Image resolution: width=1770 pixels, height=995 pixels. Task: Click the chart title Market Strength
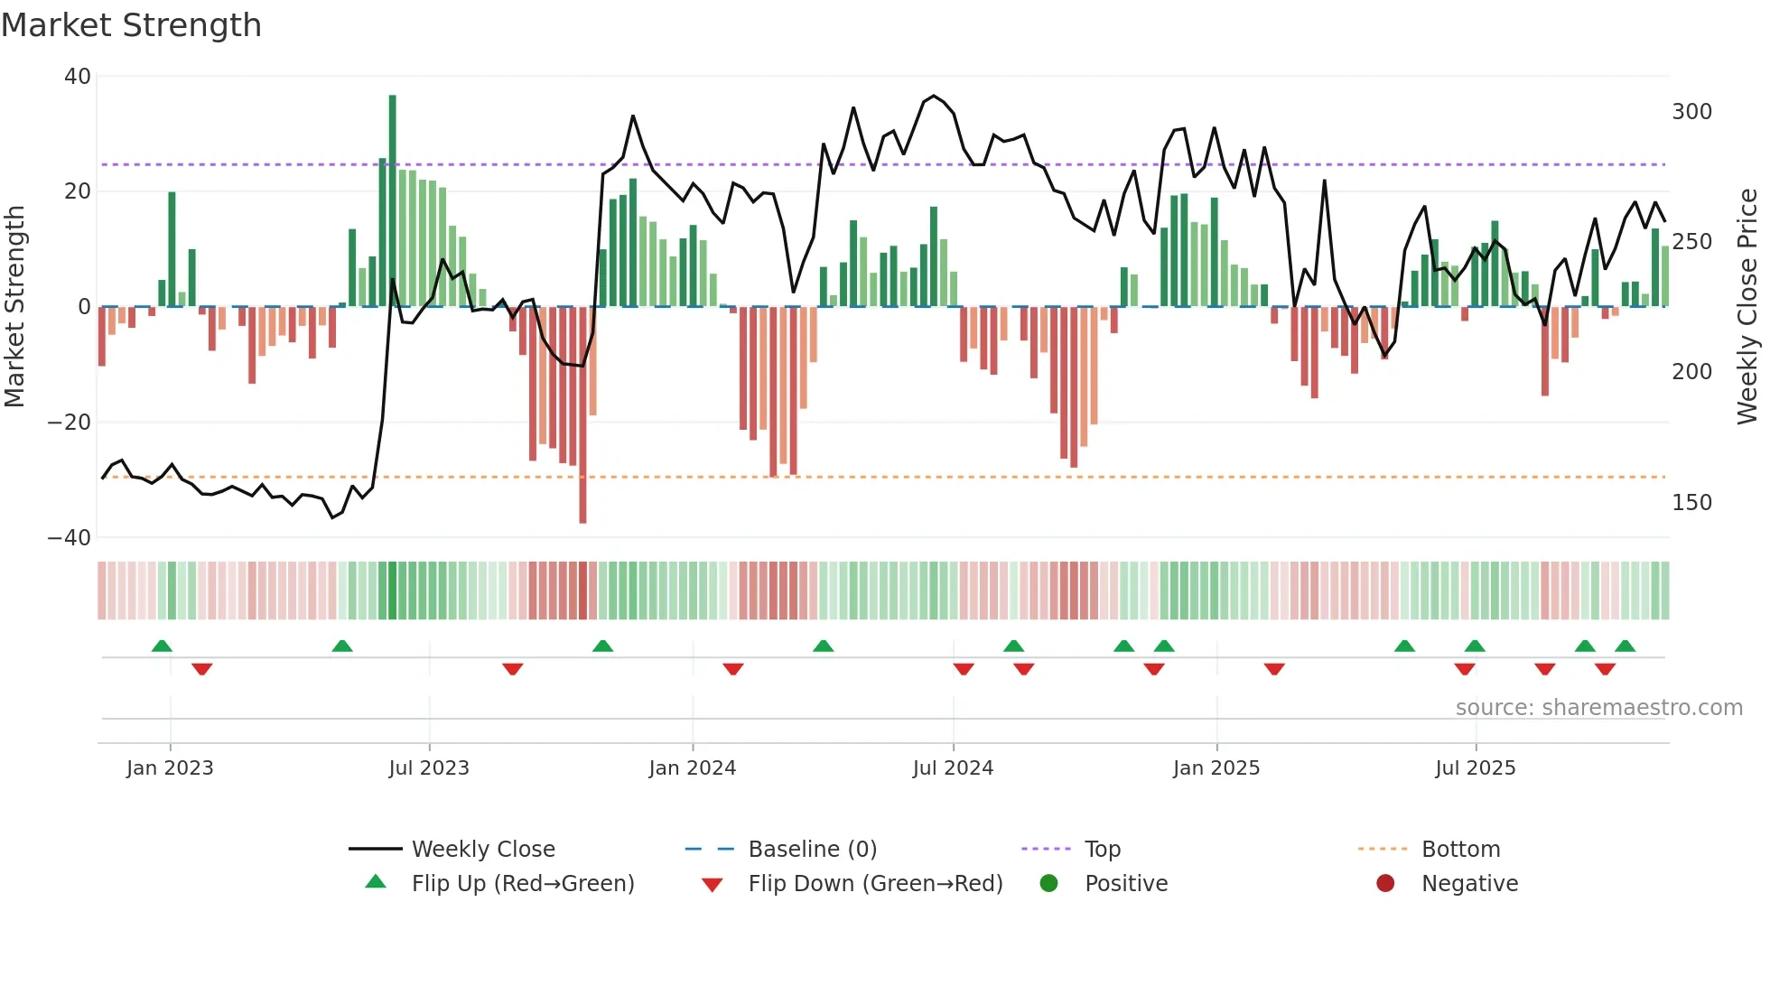point(131,25)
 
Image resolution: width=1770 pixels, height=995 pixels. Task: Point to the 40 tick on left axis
point(78,77)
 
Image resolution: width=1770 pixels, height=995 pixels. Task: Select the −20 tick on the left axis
point(70,423)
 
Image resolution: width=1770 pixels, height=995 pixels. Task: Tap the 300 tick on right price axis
point(1691,112)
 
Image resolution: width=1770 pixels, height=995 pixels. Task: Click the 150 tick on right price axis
point(1691,503)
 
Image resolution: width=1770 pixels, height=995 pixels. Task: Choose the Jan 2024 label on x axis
point(692,768)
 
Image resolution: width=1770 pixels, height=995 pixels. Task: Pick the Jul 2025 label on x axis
point(1475,768)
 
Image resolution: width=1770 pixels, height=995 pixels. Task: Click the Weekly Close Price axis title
point(1747,307)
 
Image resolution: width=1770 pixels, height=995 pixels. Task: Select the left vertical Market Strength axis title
point(14,307)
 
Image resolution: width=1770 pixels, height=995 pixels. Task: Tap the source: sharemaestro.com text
point(1598,708)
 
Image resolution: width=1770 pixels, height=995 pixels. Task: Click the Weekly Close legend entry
point(483,850)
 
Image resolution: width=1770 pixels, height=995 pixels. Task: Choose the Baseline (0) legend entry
point(812,850)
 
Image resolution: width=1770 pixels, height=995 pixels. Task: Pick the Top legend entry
point(1102,850)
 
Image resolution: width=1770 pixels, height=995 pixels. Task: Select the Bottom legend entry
point(1460,850)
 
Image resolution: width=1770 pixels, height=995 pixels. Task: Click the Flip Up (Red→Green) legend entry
point(522,884)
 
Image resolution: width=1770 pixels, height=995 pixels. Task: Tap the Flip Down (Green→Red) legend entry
point(874,884)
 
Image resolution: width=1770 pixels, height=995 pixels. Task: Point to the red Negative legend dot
point(1384,884)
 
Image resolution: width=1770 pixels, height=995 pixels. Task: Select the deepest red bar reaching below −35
point(582,415)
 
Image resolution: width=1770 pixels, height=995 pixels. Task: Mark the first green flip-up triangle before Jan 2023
point(162,646)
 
